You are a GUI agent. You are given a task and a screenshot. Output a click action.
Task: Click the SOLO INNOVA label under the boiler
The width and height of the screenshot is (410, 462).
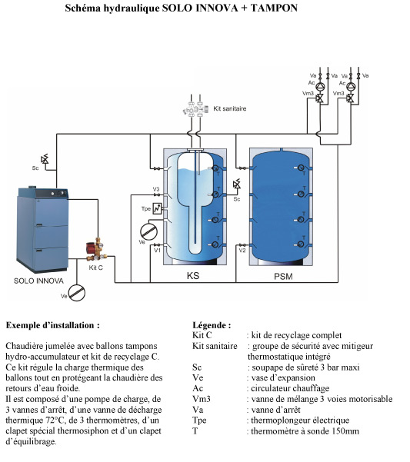pos(38,281)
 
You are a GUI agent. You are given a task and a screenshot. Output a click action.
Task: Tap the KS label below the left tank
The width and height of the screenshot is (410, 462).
pos(193,276)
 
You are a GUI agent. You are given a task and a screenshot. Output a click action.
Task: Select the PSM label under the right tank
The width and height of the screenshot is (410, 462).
pos(283,277)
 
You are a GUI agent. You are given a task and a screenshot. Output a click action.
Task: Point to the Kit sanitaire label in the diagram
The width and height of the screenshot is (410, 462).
pos(229,108)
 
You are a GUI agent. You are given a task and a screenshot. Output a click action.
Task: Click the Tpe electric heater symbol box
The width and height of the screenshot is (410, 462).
pos(158,208)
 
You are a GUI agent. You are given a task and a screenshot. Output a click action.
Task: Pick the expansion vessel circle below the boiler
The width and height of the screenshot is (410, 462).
pos(77,293)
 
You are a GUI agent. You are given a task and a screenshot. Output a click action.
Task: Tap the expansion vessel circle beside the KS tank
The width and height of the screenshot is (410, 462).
pos(149,231)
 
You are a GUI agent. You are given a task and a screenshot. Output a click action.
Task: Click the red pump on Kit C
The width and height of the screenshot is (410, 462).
pos(91,247)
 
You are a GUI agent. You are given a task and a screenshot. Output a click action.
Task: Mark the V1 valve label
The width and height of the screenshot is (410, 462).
pos(157,251)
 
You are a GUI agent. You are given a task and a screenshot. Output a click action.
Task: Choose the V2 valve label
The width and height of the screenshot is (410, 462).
pos(242,251)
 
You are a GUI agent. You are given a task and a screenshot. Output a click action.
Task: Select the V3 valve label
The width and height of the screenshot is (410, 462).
pos(156,189)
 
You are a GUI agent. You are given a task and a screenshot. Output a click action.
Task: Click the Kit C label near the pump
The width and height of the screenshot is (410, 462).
pos(96,268)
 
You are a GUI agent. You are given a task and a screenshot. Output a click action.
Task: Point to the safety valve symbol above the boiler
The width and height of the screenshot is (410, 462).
pos(45,159)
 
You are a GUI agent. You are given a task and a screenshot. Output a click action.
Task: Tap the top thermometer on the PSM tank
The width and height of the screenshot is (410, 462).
pos(301,168)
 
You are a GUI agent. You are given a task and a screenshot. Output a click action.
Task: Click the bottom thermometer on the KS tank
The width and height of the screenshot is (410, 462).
pos(215,244)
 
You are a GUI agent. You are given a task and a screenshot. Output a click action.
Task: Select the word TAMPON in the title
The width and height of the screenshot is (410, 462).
pos(274,8)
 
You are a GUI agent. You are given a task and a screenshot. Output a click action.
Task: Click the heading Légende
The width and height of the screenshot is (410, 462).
pos(212,325)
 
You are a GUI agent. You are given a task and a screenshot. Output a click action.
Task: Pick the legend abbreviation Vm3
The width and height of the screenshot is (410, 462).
pos(202,399)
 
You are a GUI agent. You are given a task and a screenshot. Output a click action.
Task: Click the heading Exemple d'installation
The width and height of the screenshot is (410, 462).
pos(53,325)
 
